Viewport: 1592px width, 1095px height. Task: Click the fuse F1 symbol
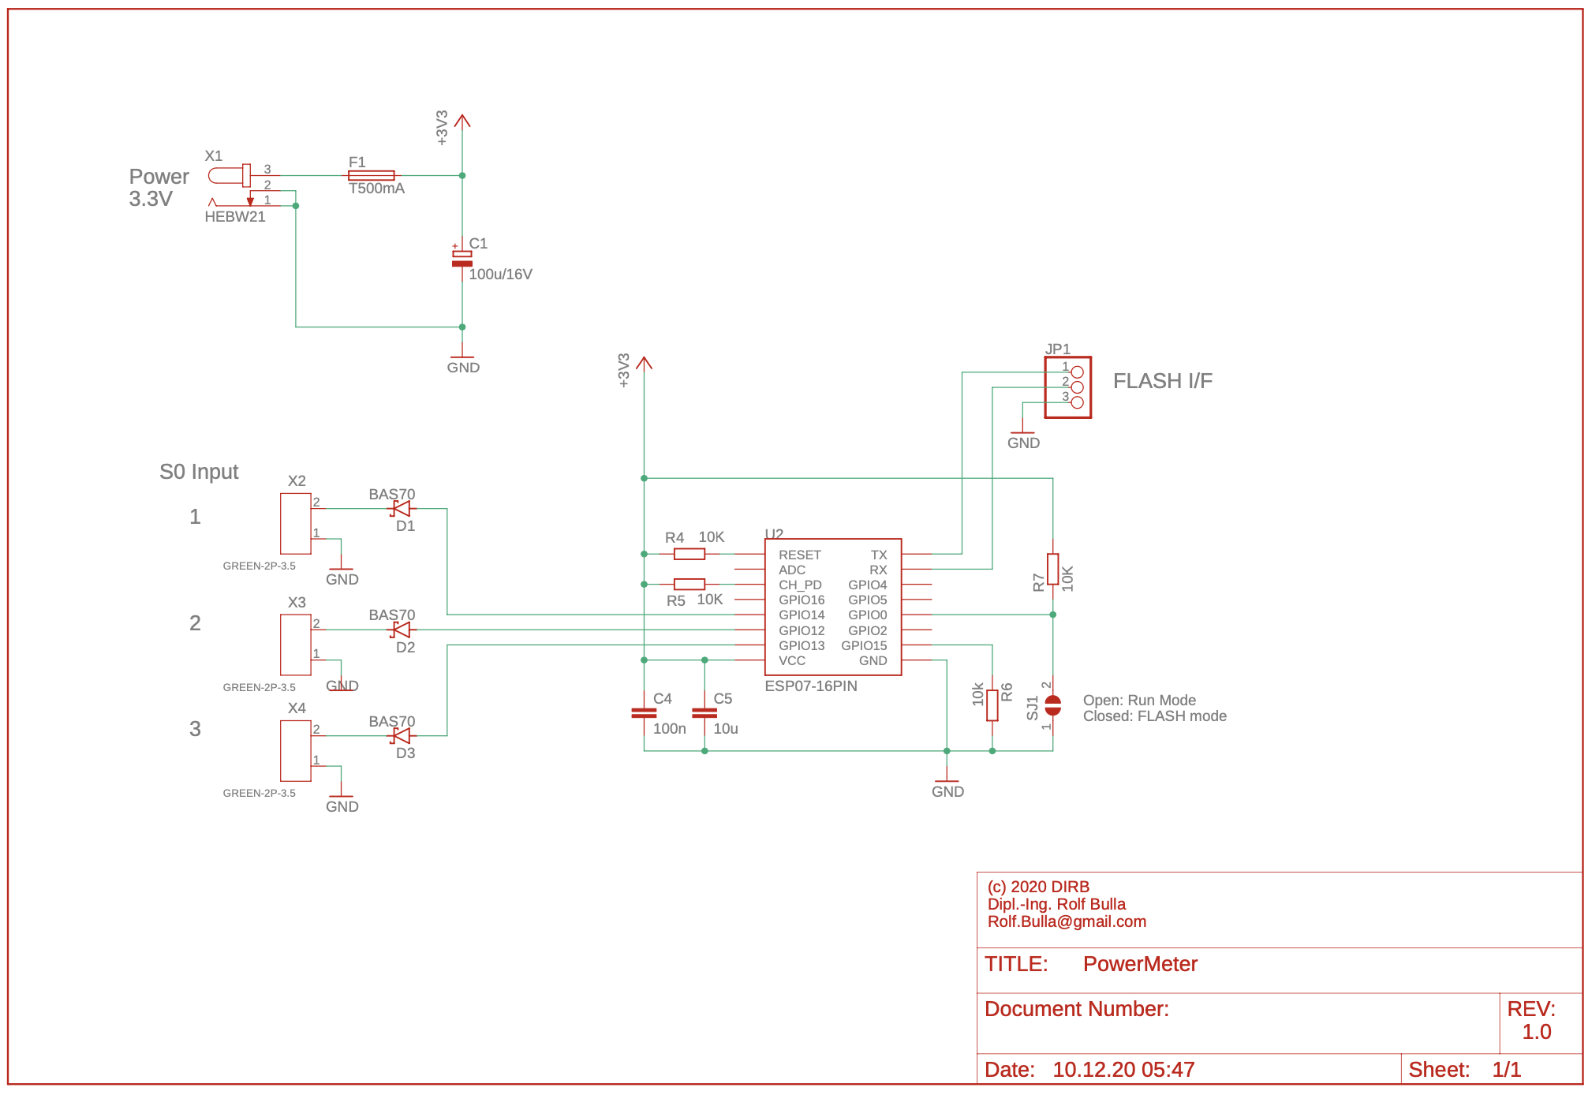pyautogui.click(x=372, y=175)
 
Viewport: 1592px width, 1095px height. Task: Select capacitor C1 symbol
pyautogui.click(x=462, y=259)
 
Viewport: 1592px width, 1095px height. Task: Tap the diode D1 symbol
pyautogui.click(x=402, y=509)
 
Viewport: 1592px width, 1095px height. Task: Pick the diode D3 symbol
pyautogui.click(x=402, y=736)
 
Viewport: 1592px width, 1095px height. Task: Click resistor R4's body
pyautogui.click(x=689, y=555)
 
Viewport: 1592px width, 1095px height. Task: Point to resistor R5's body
pyautogui.click(x=689, y=585)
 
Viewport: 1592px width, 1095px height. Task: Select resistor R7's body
pyautogui.click(x=1052, y=569)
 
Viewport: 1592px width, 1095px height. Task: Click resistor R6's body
pyautogui.click(x=992, y=705)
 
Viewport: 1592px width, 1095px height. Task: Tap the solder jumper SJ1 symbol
pyautogui.click(x=1052, y=705)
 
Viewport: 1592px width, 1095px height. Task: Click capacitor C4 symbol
pyautogui.click(x=644, y=712)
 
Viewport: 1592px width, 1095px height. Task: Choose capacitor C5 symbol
pyautogui.click(x=704, y=712)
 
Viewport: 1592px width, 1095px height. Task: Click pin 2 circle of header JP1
pyautogui.click(x=1078, y=387)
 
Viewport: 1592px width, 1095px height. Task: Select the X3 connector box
pyautogui.click(x=296, y=645)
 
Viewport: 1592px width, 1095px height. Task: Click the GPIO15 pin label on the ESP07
pyautogui.click(x=864, y=645)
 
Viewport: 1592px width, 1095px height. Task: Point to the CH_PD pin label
pyautogui.click(x=800, y=585)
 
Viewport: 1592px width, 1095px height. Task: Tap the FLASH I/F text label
pyautogui.click(x=1162, y=381)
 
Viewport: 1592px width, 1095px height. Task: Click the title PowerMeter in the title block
pyautogui.click(x=1140, y=964)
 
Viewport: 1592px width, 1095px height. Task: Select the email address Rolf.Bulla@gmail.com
pyautogui.click(x=1067, y=921)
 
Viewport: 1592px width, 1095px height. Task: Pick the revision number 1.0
pyautogui.click(x=1536, y=1032)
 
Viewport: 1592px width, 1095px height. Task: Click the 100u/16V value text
pyautogui.click(x=500, y=275)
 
